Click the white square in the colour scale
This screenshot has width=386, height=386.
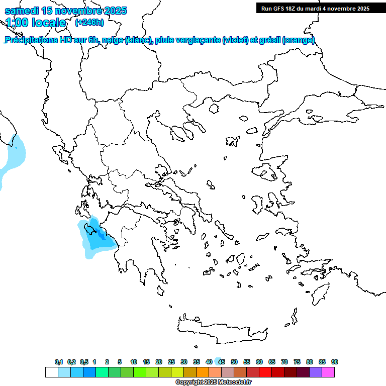51,372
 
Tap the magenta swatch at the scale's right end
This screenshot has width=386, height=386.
328,372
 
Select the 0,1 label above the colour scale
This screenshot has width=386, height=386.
59,362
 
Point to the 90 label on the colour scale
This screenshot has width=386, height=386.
335,362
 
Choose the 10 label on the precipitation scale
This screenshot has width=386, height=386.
134,362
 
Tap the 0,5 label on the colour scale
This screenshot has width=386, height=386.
84,362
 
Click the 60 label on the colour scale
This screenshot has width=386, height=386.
259,362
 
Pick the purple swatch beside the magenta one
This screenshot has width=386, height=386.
316,372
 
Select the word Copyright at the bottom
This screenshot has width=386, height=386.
189,382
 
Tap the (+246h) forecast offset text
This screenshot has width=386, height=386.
89,22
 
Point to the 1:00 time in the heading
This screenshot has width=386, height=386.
16,23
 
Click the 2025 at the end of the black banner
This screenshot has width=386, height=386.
361,9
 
